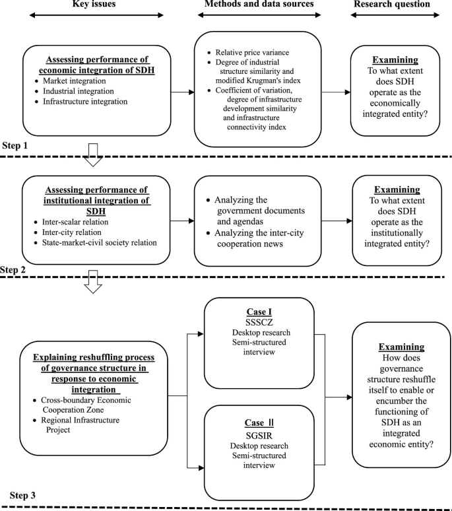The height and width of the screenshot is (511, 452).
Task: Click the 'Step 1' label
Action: click(x=18, y=143)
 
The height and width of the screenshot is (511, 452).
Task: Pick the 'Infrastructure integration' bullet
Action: click(x=86, y=102)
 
